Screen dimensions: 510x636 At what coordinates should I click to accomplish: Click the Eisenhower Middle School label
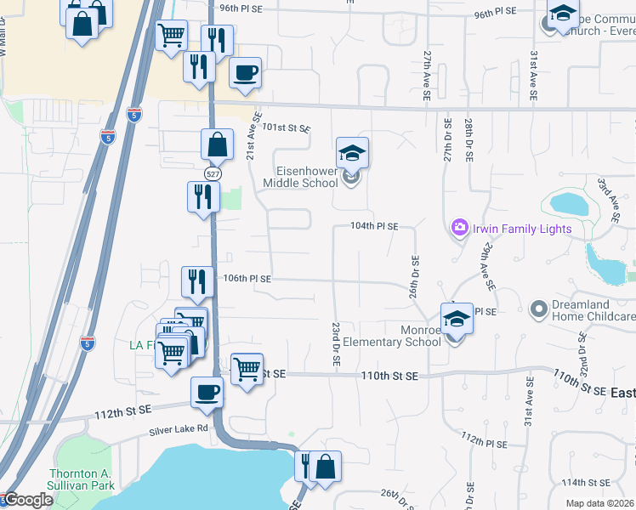pos(300,177)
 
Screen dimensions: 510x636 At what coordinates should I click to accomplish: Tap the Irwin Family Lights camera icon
pos(460,227)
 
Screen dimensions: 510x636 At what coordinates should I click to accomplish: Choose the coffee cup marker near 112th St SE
pos(207,393)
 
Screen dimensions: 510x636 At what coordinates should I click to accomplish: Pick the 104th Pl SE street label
pos(376,227)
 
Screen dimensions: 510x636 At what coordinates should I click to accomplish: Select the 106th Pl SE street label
pos(247,278)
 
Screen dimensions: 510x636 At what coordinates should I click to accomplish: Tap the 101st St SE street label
pos(287,127)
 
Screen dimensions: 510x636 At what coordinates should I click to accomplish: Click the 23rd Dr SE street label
pos(338,344)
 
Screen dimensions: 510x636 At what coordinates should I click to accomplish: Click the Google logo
pos(27,501)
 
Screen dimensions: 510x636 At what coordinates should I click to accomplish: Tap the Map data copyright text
pos(599,503)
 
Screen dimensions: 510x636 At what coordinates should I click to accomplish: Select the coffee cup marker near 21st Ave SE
pos(245,73)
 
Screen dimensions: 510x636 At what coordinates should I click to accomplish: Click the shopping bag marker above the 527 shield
pos(217,144)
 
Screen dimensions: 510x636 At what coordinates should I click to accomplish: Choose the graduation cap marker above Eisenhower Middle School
pos(352,153)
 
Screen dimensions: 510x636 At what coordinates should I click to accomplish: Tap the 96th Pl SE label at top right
pos(497,14)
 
